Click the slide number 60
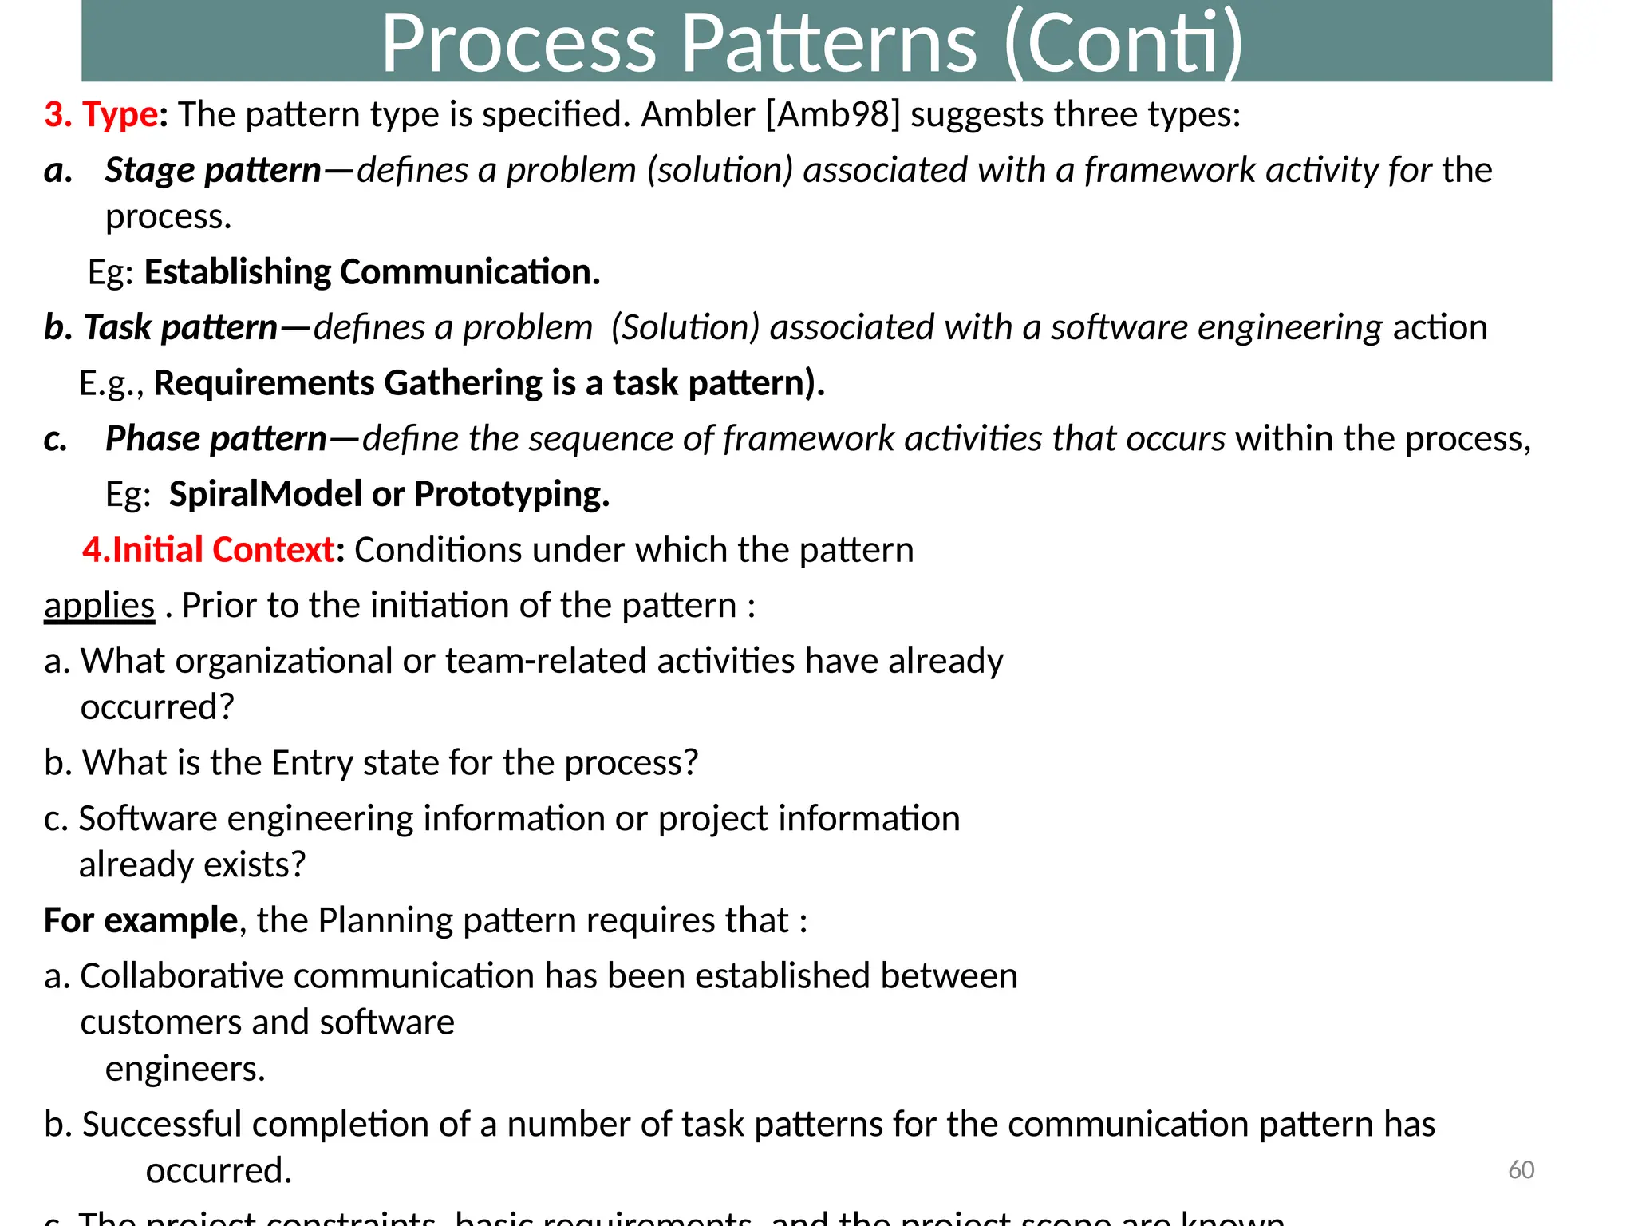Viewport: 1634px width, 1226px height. [1521, 1170]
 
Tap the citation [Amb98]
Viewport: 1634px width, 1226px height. [832, 114]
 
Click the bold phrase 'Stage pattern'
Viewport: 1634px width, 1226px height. [213, 170]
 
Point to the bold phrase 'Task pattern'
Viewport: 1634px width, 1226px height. [180, 327]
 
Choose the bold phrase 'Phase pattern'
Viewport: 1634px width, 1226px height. [215, 438]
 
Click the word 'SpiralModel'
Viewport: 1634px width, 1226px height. [266, 494]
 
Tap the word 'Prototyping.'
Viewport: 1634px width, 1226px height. [511, 494]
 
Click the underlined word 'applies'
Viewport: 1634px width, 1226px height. [99, 606]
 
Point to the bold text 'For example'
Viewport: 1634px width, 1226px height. [140, 920]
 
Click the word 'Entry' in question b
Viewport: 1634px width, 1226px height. [312, 763]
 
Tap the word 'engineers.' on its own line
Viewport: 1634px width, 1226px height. [185, 1069]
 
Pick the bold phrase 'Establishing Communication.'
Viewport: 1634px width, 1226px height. [372, 272]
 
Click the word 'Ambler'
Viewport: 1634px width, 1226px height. [697, 114]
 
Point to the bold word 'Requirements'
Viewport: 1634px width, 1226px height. [263, 383]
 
